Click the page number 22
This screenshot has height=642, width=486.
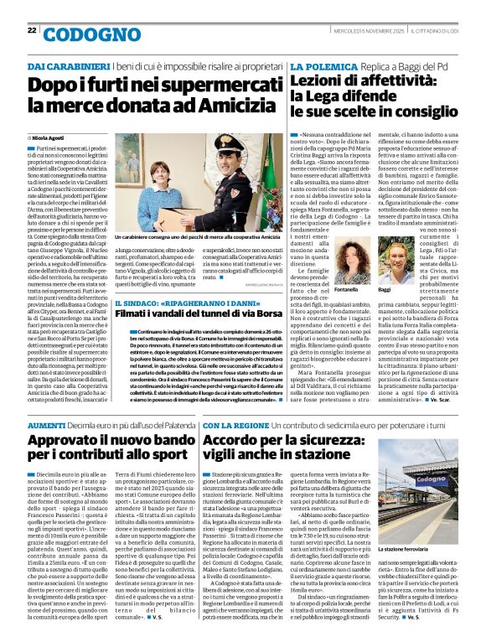coord(32,30)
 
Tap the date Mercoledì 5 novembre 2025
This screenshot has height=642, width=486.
coord(367,31)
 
